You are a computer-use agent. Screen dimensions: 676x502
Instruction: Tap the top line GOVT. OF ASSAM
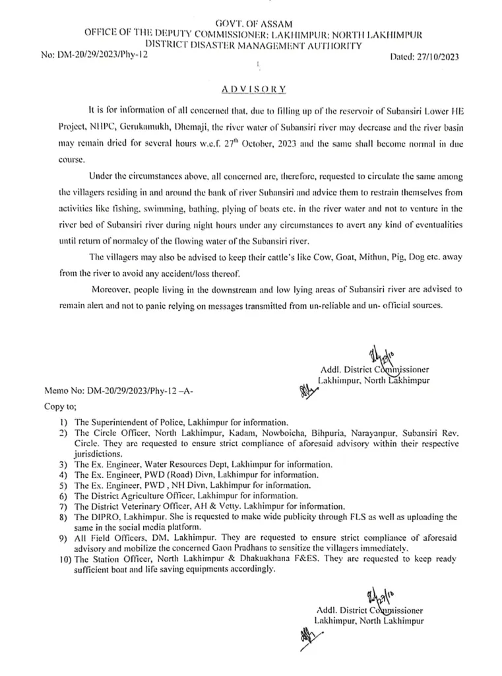[253, 23]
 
